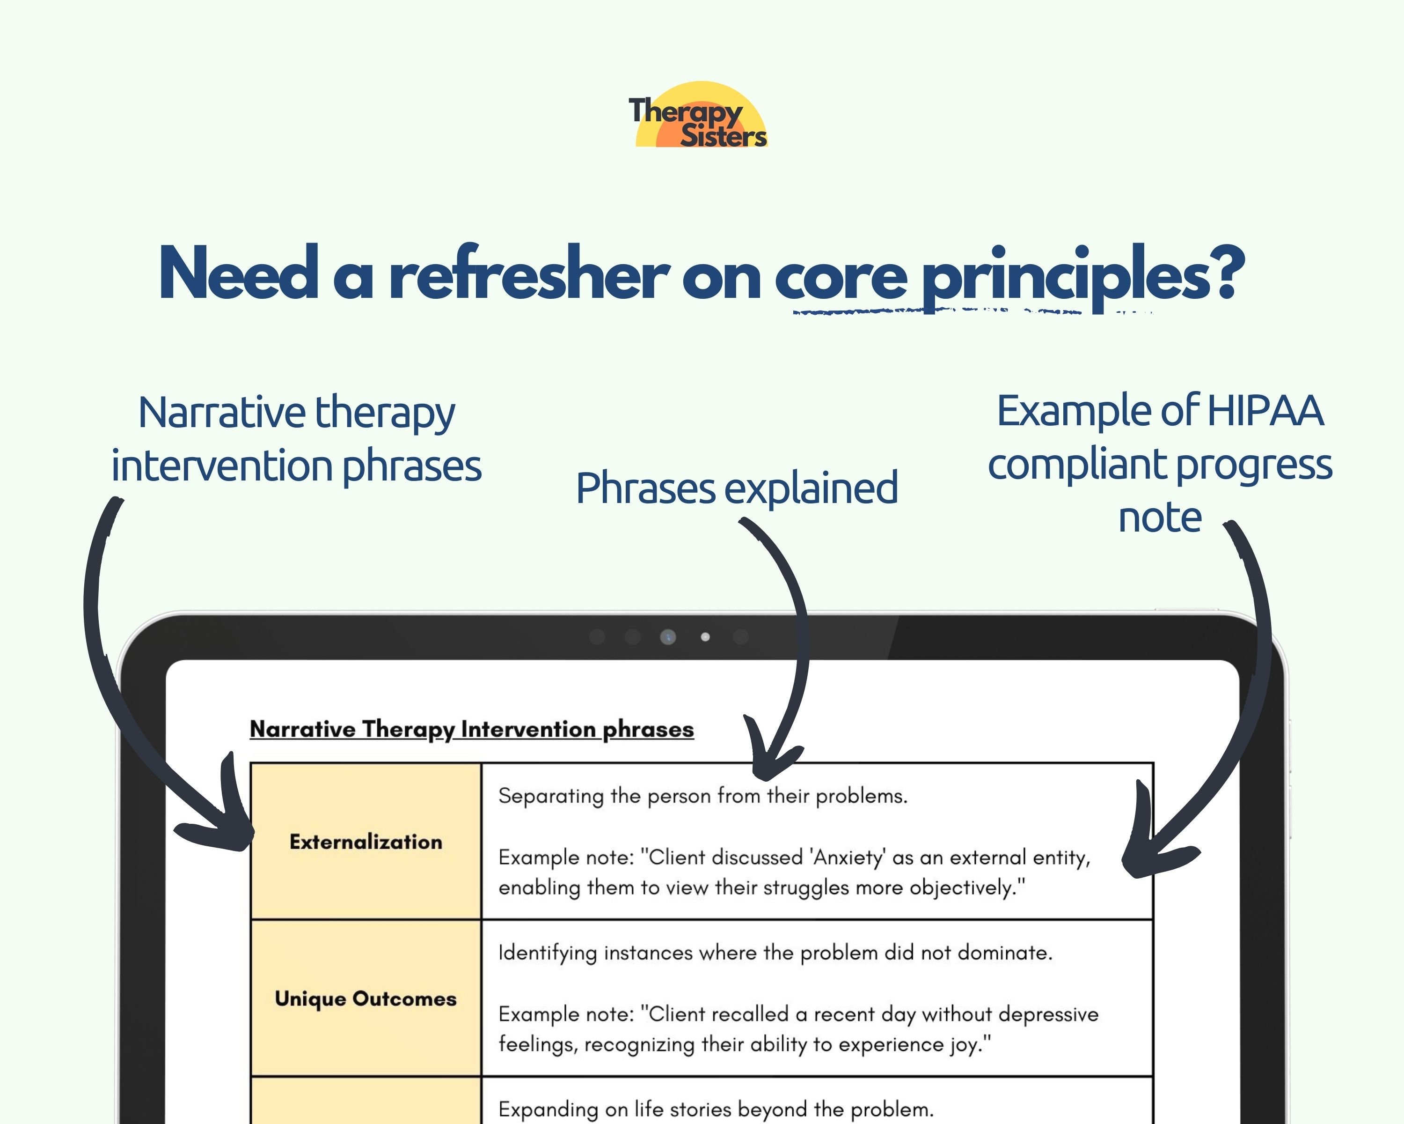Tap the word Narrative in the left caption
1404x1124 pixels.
tap(221, 413)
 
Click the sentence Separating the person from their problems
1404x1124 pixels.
tap(702, 796)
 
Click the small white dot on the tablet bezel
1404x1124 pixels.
tap(705, 636)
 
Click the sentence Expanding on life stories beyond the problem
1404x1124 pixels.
tap(715, 1109)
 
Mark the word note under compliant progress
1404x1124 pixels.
tap(1159, 518)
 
